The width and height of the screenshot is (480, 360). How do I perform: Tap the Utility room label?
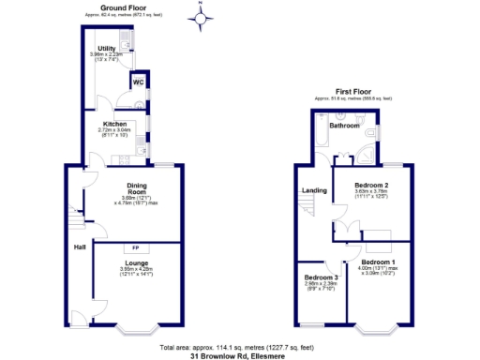pos(106,47)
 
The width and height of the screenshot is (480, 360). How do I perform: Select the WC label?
pos(138,82)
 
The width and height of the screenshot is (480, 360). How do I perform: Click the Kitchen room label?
pos(113,122)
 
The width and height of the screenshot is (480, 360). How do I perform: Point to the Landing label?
pos(314,191)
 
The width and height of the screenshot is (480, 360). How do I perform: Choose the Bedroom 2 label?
pos(371,187)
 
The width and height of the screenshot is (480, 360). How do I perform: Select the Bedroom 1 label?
pos(380,261)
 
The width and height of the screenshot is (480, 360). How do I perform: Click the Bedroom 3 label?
pos(322,278)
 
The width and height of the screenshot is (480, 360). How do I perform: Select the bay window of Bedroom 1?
pos(379,330)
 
